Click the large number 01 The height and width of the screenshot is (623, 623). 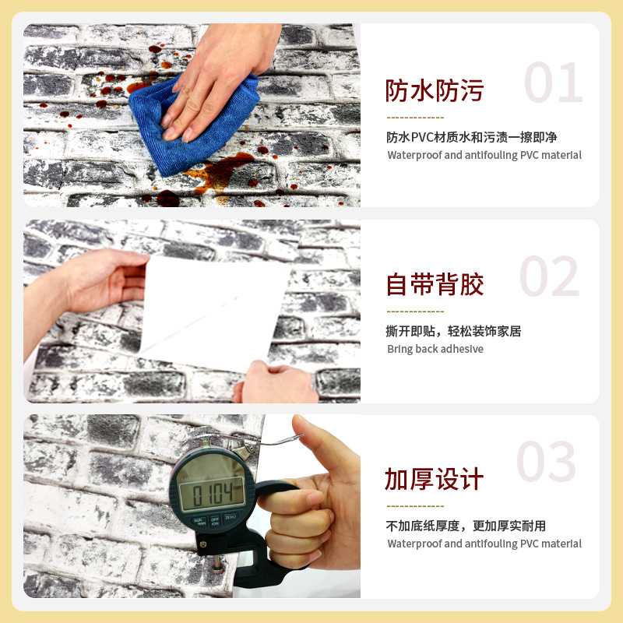click(553, 83)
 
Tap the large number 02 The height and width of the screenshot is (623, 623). click(549, 277)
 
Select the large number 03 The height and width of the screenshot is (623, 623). click(547, 463)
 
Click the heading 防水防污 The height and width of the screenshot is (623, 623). click(435, 91)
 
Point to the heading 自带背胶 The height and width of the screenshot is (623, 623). click(435, 285)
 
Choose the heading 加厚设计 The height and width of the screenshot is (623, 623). click(435, 479)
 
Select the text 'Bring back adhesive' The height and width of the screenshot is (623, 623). click(435, 349)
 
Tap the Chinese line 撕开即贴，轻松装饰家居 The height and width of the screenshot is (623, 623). click(453, 331)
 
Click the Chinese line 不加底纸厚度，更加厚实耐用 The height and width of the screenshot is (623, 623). click(466, 526)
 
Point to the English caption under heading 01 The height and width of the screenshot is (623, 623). click(484, 155)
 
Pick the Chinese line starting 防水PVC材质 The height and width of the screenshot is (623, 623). click(472, 137)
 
